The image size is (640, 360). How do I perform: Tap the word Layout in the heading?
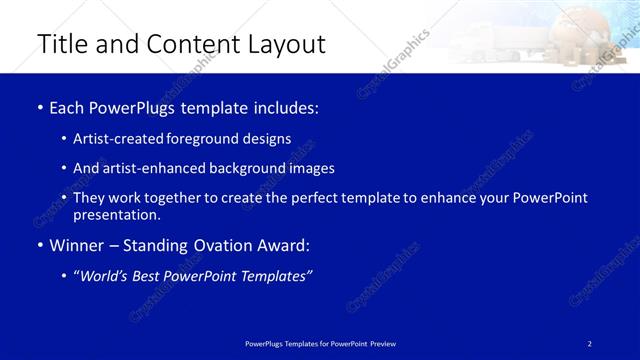[288, 44]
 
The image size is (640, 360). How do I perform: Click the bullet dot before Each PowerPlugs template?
[39, 107]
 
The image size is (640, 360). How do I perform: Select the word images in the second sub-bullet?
[310, 169]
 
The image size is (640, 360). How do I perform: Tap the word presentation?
[116, 215]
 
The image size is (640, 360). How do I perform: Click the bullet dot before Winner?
[39, 245]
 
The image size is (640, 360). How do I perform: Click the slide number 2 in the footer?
[590, 344]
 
